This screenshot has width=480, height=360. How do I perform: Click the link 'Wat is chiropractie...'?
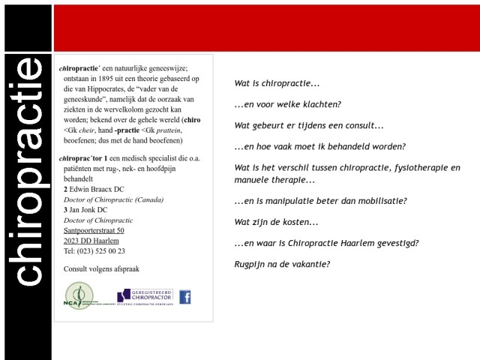277,83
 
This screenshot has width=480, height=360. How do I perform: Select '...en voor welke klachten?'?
287,104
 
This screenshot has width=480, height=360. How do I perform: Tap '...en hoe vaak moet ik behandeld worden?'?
319,146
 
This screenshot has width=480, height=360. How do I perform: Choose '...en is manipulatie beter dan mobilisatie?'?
320,201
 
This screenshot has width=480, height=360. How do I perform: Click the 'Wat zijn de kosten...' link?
276,223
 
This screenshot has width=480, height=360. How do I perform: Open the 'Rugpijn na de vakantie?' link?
282,264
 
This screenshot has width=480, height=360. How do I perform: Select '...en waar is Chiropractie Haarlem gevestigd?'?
326,243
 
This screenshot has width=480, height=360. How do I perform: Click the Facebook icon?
184,297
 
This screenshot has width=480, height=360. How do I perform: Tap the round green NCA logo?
78,295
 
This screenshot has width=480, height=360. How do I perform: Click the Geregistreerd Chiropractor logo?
145,297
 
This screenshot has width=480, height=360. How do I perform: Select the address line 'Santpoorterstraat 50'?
94,230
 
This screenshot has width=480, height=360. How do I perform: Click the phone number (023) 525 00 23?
94,251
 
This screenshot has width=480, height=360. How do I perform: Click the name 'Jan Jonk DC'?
88,210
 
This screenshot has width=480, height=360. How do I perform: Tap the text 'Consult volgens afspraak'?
101,268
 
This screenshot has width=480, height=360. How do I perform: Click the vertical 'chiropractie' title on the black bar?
28,172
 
